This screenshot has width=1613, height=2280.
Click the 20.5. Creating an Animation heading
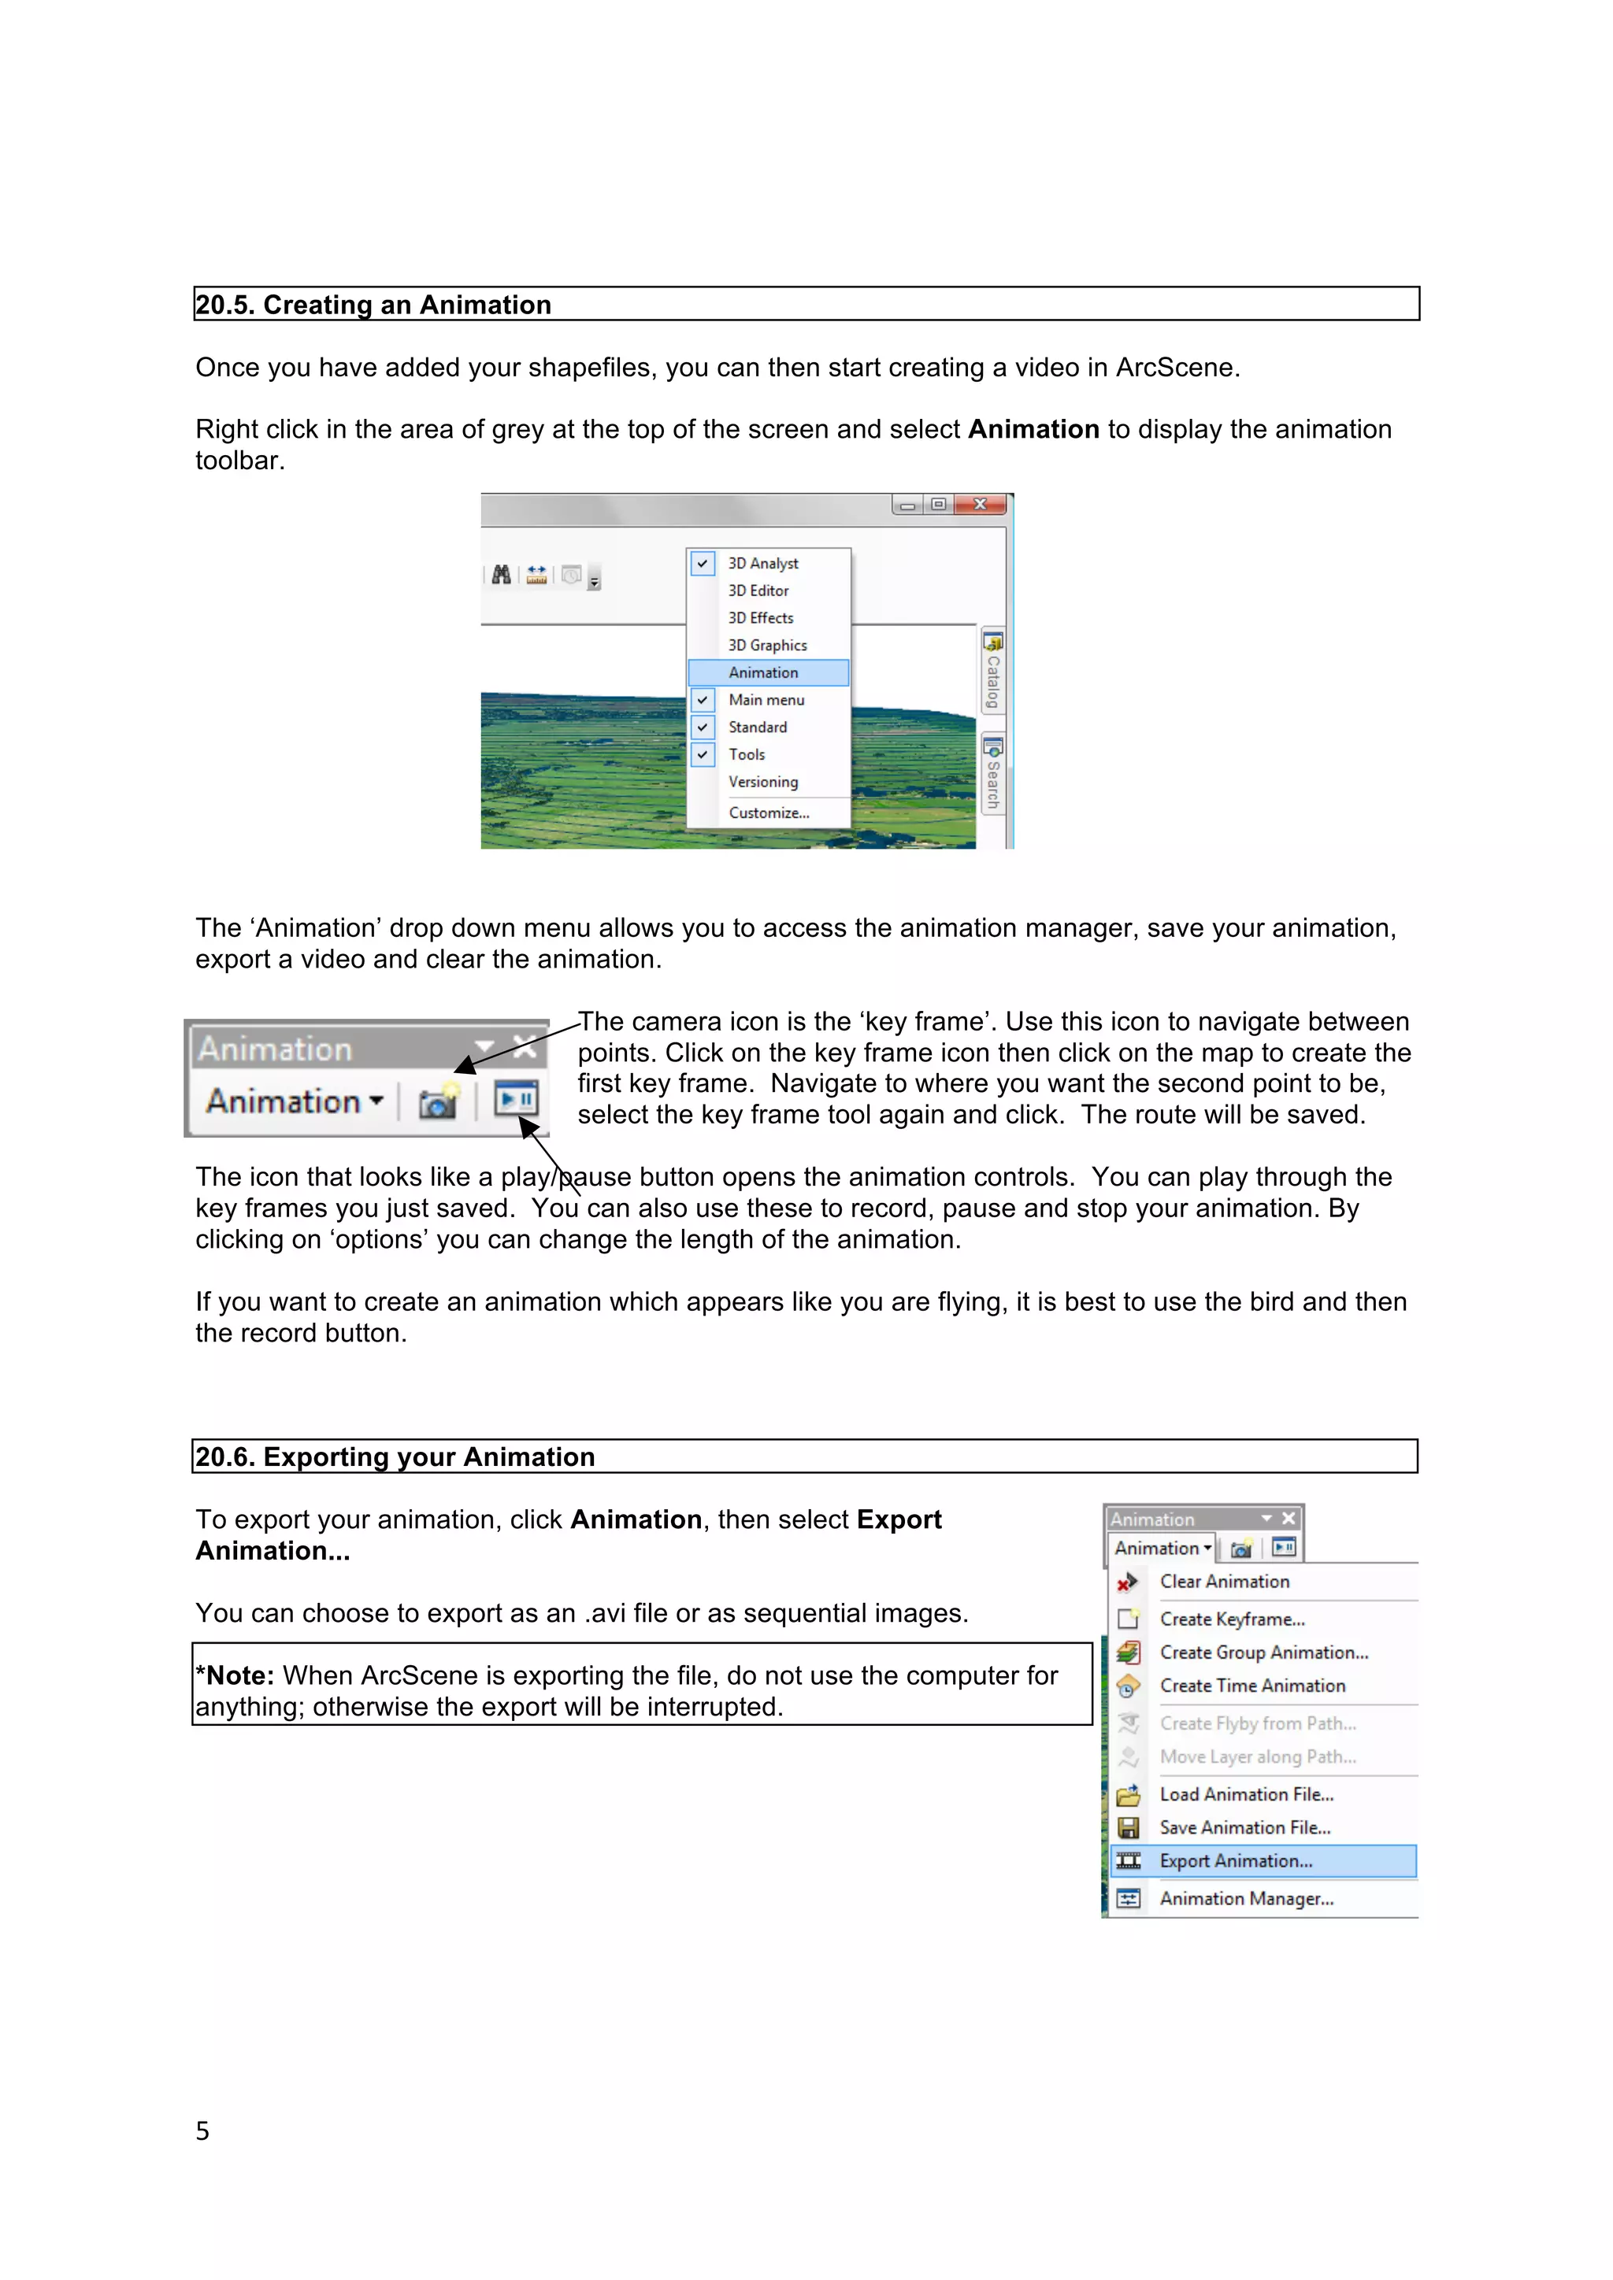[373, 305]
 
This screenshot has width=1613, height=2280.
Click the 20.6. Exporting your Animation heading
[395, 1456]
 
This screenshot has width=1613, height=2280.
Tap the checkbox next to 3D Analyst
[703, 563]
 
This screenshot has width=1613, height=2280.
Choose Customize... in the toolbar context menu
[769, 812]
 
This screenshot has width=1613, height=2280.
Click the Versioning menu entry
[763, 783]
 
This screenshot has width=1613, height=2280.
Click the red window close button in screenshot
[981, 505]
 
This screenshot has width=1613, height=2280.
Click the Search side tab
[992, 775]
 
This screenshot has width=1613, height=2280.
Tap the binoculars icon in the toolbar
[502, 575]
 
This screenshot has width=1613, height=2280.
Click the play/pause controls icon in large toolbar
[517, 1099]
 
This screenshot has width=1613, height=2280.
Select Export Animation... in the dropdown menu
[1236, 1861]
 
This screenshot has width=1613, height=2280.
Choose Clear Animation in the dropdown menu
[1225, 1582]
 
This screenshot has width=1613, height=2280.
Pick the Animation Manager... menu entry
[1247, 1899]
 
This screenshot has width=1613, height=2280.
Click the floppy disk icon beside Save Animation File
[1129, 1828]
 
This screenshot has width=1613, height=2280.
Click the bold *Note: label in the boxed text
[235, 1676]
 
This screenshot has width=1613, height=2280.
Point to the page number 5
[202, 2132]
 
